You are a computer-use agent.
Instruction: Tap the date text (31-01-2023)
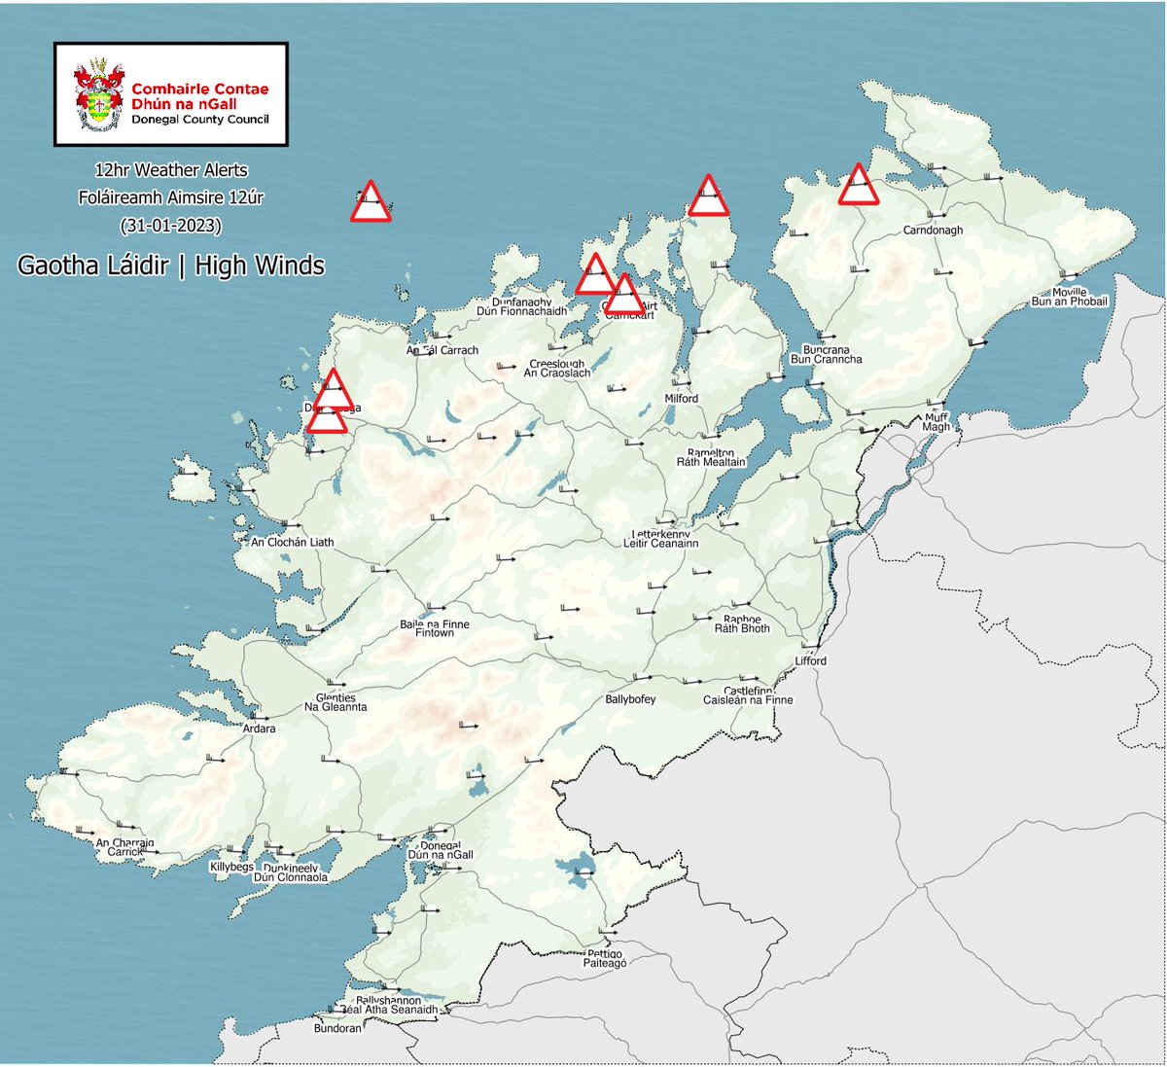[x=170, y=225]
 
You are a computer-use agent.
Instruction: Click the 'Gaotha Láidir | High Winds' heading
[x=170, y=266]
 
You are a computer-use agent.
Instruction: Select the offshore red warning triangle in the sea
[x=371, y=203]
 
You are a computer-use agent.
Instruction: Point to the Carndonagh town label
[x=933, y=231]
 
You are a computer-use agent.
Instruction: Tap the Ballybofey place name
[x=630, y=699]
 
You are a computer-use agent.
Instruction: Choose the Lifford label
[x=810, y=660]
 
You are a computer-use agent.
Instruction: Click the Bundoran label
[x=337, y=1028]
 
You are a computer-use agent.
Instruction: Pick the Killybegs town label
[x=231, y=867]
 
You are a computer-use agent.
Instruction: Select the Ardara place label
[x=260, y=729]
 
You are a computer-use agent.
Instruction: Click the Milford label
[x=681, y=399]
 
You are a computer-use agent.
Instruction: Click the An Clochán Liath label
[x=292, y=542]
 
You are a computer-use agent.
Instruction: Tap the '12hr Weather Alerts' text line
[x=170, y=170]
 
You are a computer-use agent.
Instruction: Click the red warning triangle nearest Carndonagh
[x=858, y=186]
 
